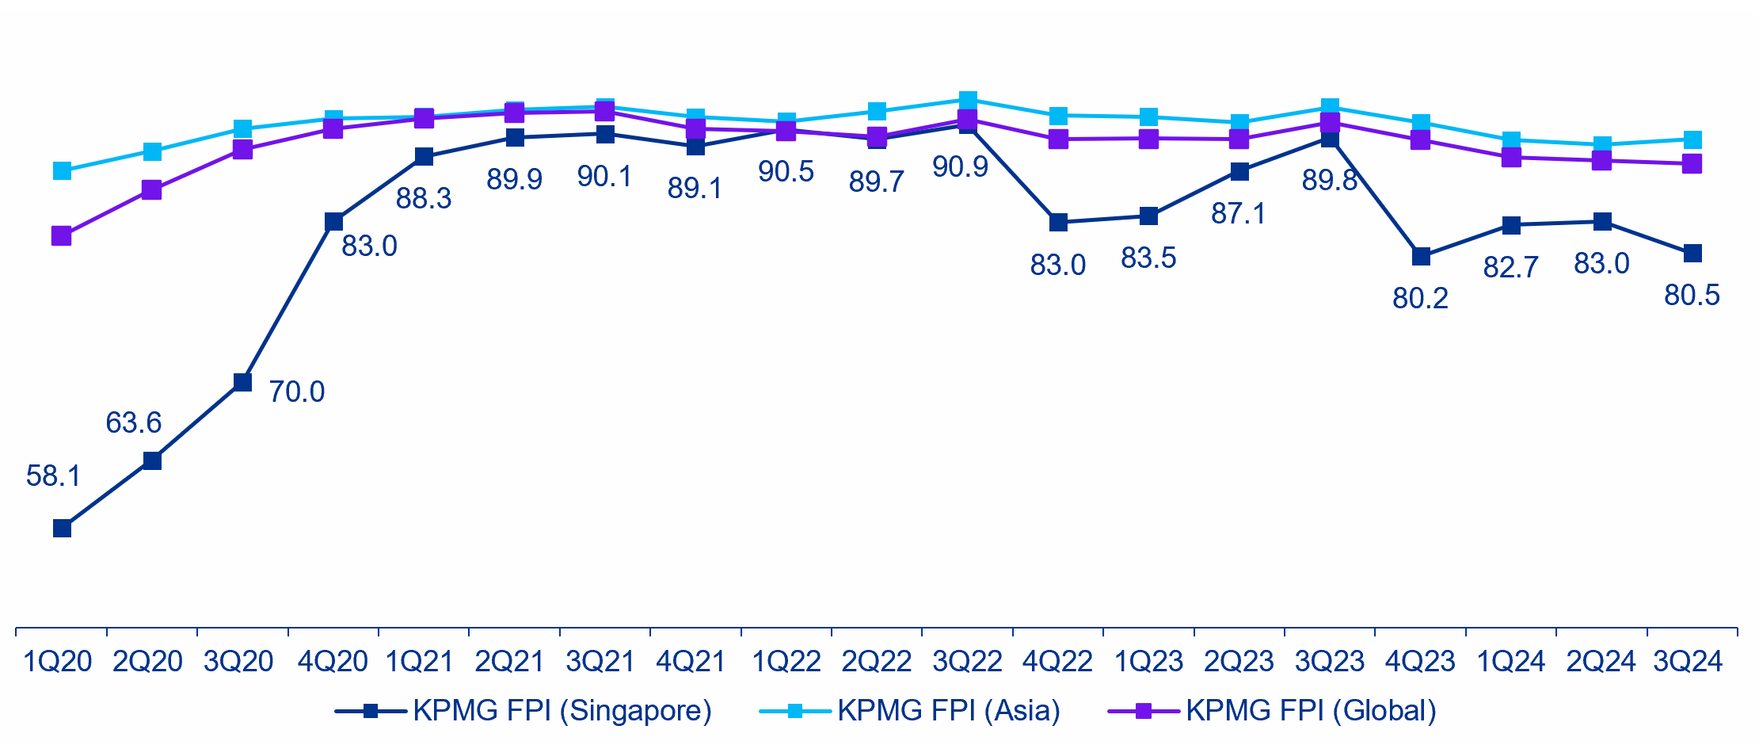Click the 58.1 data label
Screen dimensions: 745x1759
tap(53, 476)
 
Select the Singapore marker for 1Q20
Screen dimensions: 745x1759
tap(62, 529)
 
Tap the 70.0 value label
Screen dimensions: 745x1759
tap(296, 392)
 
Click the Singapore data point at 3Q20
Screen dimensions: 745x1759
tap(243, 383)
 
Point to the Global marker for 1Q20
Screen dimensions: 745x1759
tap(62, 236)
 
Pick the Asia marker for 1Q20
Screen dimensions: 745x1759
tap(62, 171)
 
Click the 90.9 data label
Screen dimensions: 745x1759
tap(960, 167)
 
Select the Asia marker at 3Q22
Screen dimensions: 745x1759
tap(968, 101)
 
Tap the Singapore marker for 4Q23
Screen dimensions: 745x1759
tap(1421, 257)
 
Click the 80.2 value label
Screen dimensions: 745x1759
tap(1420, 299)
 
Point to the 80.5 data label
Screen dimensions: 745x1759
tap(1692, 296)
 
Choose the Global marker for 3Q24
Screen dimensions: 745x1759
tap(1692, 164)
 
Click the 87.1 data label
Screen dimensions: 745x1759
tap(1238, 214)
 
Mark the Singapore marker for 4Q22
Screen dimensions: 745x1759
tap(1058, 223)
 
